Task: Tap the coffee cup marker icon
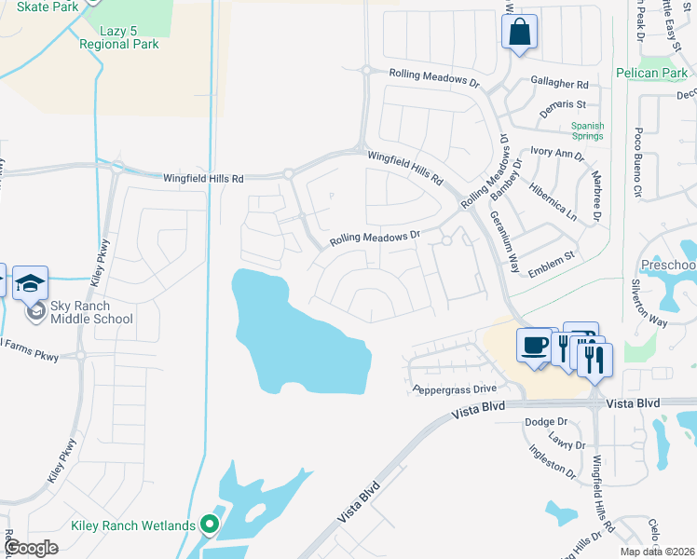tap(535, 345)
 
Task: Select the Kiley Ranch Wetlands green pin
tap(210, 525)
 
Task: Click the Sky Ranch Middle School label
tap(91, 312)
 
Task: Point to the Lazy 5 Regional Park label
tap(118, 37)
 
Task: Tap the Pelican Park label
tap(651, 73)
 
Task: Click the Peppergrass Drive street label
tap(455, 390)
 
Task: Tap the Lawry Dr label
tap(567, 445)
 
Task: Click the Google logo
tap(30, 548)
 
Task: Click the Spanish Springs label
tap(588, 131)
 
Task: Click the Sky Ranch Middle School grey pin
tap(35, 311)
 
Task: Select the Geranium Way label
tap(505, 241)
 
